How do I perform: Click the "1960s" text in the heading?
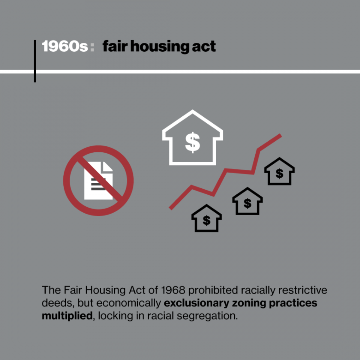click(65, 47)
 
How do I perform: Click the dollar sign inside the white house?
click(192, 143)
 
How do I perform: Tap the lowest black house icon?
click(206, 218)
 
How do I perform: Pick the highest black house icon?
click(279, 172)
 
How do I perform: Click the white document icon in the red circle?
click(98, 180)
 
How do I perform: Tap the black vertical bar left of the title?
click(35, 61)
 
